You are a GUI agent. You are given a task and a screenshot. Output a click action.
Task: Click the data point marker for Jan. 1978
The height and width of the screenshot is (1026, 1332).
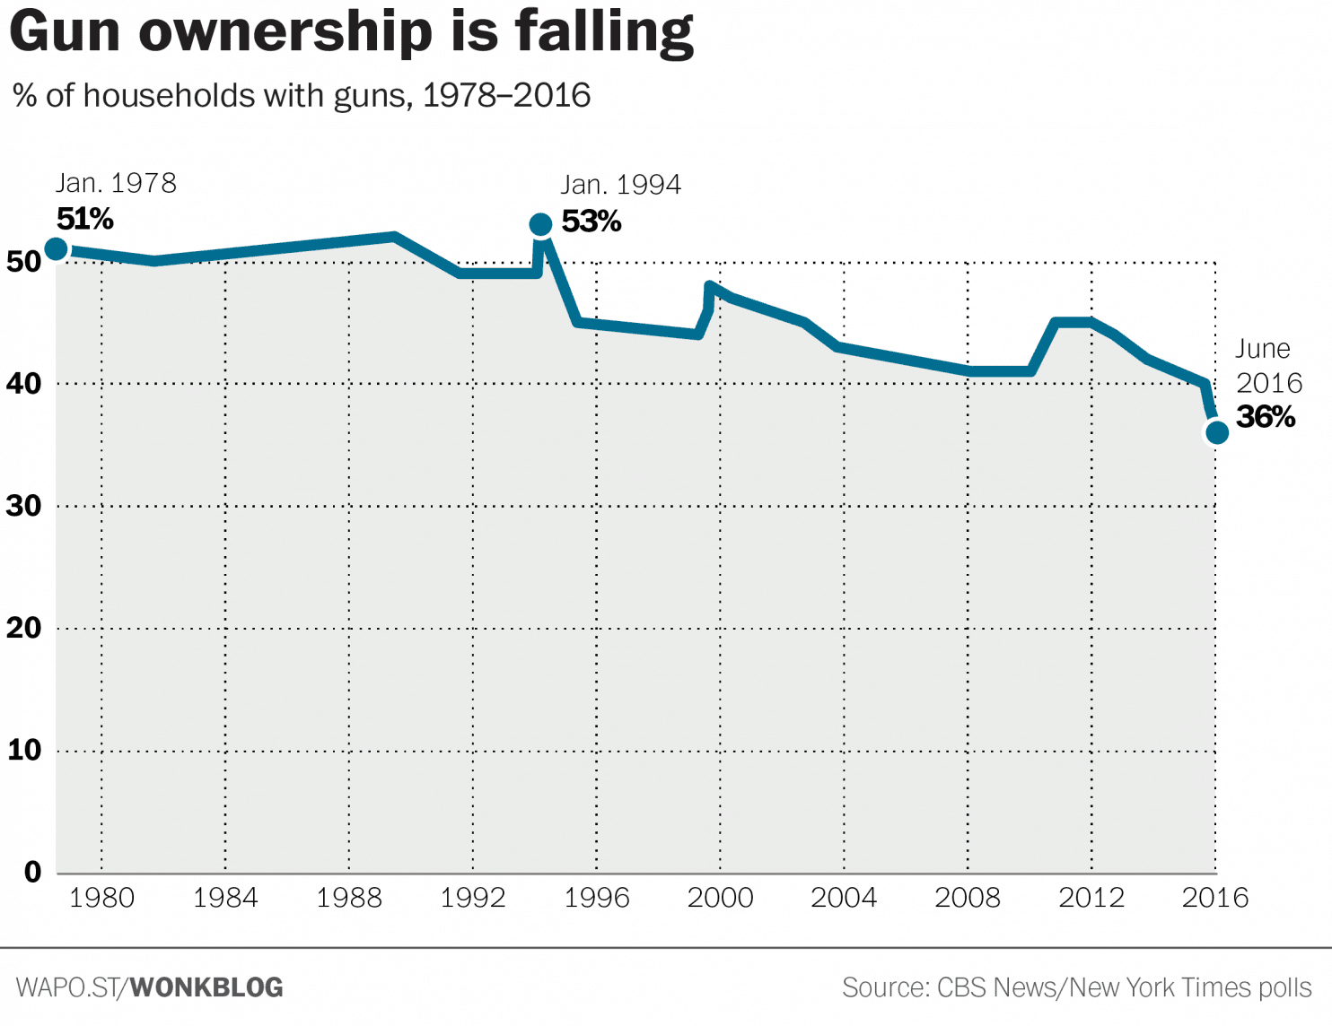[56, 248]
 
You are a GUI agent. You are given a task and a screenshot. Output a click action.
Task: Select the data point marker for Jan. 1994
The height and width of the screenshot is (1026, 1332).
[540, 224]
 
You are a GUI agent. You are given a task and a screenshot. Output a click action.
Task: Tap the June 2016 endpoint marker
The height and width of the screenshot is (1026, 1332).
[1217, 433]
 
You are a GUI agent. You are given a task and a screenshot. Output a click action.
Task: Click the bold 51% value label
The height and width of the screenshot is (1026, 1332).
[85, 219]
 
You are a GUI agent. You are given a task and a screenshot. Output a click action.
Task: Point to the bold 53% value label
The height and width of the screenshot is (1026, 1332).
[592, 222]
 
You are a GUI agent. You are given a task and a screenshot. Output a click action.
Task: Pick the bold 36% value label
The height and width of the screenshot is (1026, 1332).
[1266, 417]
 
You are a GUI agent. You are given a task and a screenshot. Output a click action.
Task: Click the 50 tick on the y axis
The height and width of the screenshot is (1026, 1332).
[24, 262]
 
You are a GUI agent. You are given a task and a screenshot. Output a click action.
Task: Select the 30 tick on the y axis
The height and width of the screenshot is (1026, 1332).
[24, 506]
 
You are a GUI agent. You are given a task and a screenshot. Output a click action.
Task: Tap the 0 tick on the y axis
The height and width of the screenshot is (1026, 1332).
[33, 872]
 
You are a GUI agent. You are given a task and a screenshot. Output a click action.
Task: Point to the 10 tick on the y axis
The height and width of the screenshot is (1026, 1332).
[24, 750]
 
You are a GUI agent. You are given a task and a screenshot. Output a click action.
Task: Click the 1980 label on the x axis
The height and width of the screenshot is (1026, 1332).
[101, 898]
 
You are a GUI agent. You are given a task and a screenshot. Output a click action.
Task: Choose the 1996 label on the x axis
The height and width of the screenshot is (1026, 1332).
[596, 898]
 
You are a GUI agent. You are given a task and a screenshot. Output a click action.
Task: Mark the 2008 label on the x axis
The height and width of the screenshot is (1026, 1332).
[968, 898]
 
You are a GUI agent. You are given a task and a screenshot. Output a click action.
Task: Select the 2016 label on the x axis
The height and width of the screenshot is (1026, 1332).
[1215, 898]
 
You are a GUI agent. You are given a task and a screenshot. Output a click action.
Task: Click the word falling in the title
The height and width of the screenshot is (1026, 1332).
[604, 32]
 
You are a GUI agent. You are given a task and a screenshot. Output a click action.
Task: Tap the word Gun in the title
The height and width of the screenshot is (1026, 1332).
[65, 32]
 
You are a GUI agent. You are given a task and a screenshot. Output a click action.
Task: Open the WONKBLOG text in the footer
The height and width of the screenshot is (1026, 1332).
[206, 987]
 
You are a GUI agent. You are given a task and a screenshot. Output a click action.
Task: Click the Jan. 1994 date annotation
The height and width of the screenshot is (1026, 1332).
[621, 185]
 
